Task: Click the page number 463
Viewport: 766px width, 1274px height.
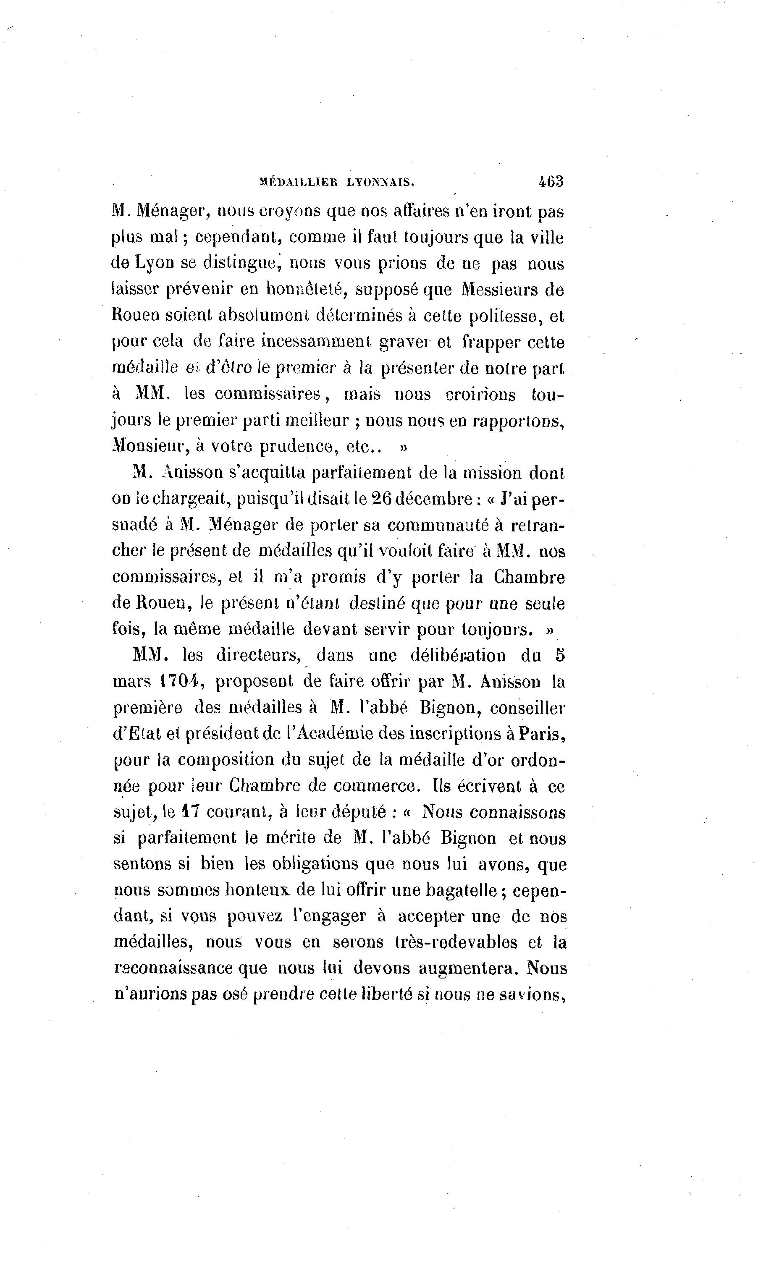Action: (550, 182)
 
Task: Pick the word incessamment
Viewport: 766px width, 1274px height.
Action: (316, 342)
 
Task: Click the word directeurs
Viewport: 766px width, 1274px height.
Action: (258, 656)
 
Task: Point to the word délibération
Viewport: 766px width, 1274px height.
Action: (458, 656)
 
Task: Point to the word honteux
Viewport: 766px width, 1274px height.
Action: (258, 890)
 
